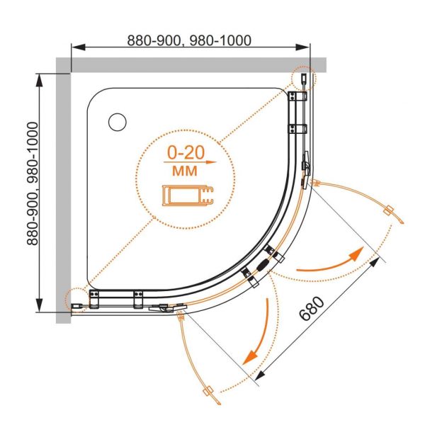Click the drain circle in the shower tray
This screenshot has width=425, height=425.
118,123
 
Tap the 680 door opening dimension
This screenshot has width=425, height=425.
312,308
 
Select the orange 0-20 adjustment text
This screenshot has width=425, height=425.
186,153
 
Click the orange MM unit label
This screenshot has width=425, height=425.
185,171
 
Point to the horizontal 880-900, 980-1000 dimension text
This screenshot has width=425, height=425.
189,40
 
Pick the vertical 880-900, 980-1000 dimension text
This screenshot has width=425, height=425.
33,183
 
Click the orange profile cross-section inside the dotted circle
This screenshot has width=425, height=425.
188,195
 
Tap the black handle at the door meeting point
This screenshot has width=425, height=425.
263,264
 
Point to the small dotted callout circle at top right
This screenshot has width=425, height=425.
303,79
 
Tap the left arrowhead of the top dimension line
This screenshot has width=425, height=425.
79,47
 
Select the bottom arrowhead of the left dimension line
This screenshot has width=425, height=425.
40,305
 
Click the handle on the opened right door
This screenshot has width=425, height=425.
389,210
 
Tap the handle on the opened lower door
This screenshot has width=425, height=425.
208,392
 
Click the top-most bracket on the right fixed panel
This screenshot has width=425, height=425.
297,96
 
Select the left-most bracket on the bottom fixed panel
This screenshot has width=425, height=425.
94,299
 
